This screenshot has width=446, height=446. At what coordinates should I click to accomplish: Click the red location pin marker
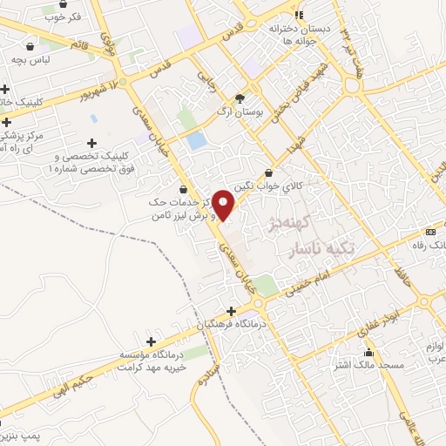pos(224,204)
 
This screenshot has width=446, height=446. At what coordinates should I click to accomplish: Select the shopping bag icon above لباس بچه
pos(31,46)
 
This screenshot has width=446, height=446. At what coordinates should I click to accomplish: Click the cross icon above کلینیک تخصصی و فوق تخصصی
pos(91,143)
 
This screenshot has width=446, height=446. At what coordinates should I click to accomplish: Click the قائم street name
pos(79,43)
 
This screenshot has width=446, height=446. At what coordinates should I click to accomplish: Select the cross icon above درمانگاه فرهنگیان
pos(231,311)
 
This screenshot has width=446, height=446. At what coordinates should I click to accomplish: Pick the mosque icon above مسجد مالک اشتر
pos(368,352)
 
